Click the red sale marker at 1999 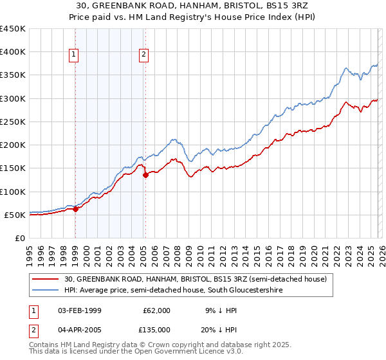coord(75,208)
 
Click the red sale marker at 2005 coord(145,174)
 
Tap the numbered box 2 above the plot coord(143,55)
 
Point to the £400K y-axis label coord(12,52)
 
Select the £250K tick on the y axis coord(12,122)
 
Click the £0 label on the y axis coord(19,238)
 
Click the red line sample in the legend coord(46,279)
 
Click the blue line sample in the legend coord(46,291)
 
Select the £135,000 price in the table coord(156,329)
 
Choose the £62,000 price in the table coord(156,310)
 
